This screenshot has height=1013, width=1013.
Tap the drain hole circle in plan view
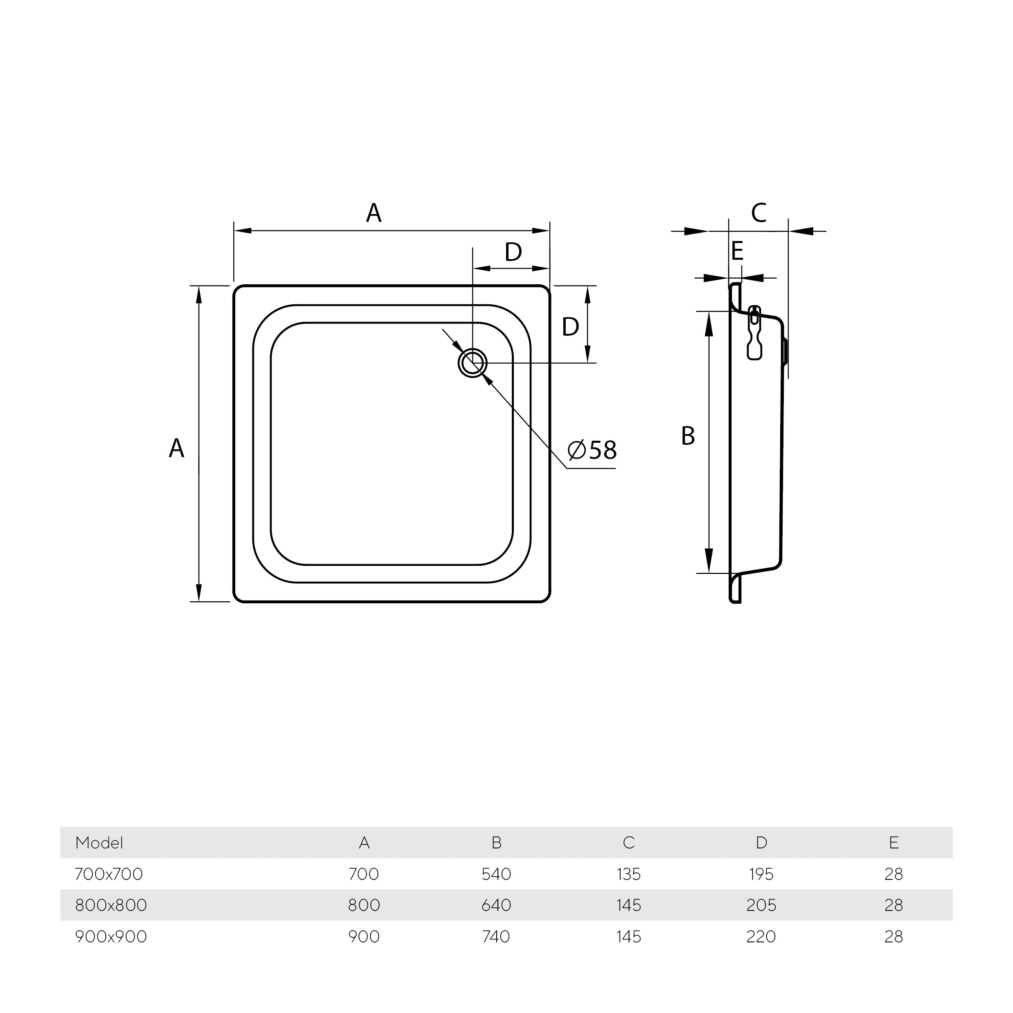coord(473,363)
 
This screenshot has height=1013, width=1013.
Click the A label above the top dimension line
coord(373,213)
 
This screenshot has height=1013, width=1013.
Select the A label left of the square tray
coord(177,448)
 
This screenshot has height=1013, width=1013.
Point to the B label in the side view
coord(687,436)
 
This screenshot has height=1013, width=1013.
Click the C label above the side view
coord(759,213)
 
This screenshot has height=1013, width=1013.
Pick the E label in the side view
coord(737,251)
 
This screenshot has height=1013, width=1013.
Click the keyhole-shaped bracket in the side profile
coord(754,332)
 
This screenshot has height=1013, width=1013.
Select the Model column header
coord(99,843)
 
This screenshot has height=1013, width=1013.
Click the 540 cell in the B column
coord(496,874)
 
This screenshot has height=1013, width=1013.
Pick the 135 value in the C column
coord(629,874)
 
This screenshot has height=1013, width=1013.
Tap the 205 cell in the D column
coord(761,905)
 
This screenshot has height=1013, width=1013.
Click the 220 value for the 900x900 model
coord(761,937)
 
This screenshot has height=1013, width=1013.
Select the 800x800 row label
coord(111,905)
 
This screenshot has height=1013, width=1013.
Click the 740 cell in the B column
coord(496,937)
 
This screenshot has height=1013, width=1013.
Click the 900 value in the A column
coord(364,937)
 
